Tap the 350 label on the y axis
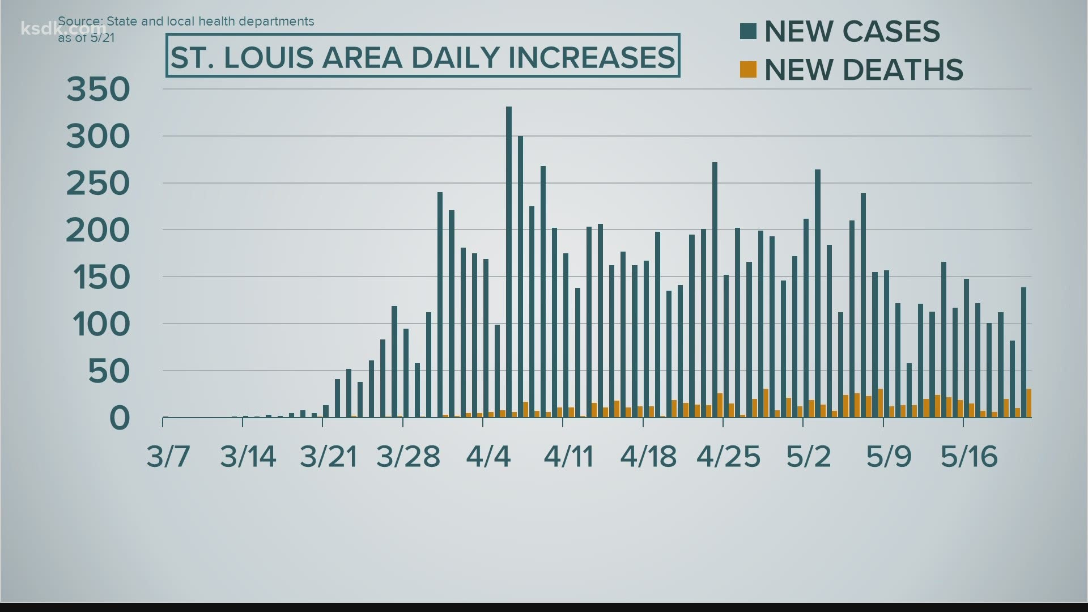click(99, 90)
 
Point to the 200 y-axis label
click(99, 231)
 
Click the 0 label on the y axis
click(120, 418)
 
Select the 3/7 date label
click(168, 456)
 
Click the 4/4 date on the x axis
click(488, 456)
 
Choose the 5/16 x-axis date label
click(969, 456)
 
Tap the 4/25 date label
click(728, 456)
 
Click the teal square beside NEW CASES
click(748, 31)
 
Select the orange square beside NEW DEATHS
click(748, 70)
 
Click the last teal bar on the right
click(1023, 352)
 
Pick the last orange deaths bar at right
click(1029, 403)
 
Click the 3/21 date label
click(329, 456)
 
